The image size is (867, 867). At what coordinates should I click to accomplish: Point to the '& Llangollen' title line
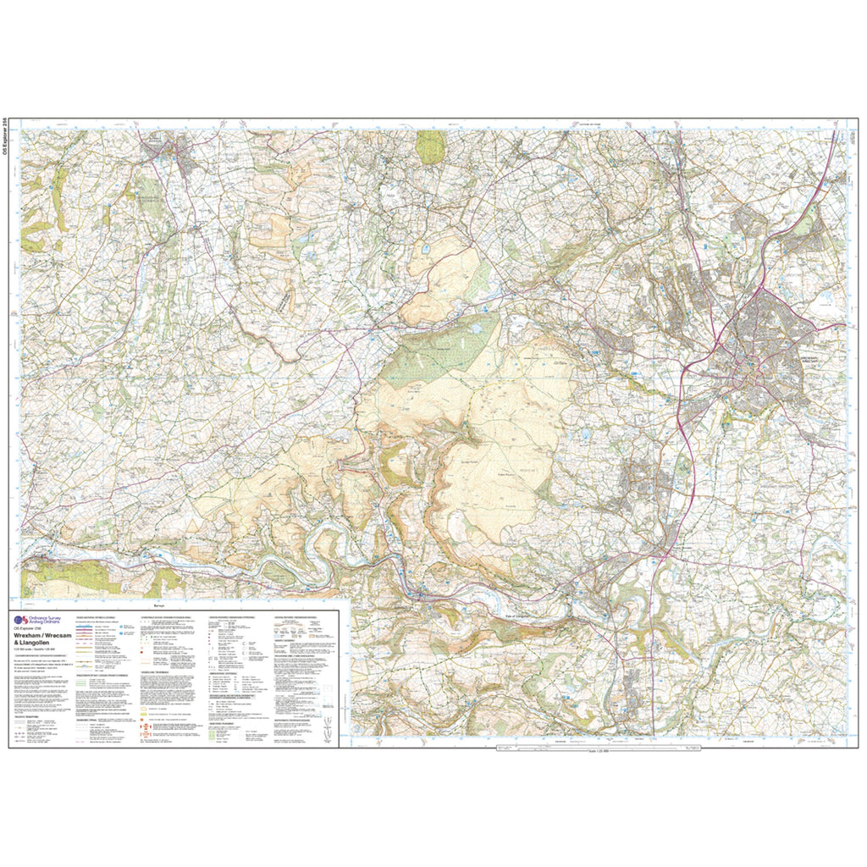33,645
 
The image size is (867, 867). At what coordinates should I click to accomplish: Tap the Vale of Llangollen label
517,616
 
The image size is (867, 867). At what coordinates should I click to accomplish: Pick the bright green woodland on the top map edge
430,146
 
